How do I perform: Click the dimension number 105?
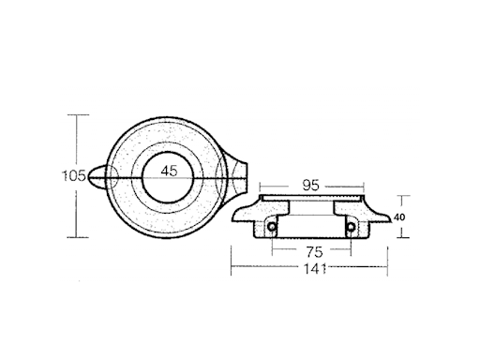point(74,176)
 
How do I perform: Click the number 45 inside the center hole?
point(169,171)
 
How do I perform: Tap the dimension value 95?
point(311,186)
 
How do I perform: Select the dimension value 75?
point(314,251)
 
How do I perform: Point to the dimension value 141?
point(315,269)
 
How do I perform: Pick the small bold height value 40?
point(399,217)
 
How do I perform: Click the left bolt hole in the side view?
point(272,227)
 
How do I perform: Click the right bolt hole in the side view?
point(351,227)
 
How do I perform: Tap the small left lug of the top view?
point(97,177)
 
